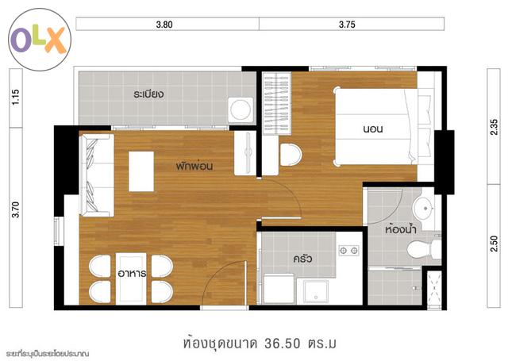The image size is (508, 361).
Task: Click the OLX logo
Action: [40, 40]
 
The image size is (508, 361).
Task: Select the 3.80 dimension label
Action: [164, 25]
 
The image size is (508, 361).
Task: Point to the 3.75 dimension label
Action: [347, 25]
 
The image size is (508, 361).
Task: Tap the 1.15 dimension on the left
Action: [16, 97]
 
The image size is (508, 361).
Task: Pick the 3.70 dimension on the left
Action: [16, 209]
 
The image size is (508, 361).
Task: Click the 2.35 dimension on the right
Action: [494, 127]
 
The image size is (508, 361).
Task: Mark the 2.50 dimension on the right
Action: [494, 244]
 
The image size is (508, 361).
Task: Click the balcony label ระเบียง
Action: [148, 94]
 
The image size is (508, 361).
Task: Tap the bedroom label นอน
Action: [373, 129]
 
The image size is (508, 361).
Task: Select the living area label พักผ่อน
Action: [194, 166]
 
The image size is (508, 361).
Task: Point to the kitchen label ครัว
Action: [302, 259]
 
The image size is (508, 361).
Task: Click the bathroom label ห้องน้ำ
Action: [400, 229]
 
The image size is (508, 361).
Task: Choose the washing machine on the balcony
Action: [241, 109]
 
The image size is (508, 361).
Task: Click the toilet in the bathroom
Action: [424, 249]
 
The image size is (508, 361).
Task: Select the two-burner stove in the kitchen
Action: [348, 250]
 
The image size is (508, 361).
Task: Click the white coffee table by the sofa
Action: [141, 171]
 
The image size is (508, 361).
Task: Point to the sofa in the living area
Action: [97, 175]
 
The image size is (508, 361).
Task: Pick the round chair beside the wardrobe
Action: [291, 155]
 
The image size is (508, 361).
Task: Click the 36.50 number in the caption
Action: [283, 344]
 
